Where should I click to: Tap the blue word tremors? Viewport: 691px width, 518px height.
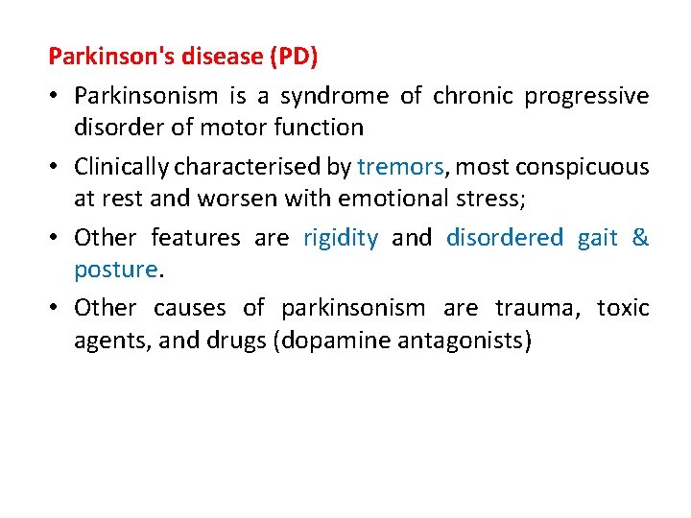pos(400,168)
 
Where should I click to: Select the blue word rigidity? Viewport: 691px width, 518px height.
pos(341,238)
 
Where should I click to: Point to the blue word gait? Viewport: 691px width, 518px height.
pos(597,238)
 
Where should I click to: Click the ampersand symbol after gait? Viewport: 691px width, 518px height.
pos(640,238)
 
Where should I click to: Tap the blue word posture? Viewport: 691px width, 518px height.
pos(115,270)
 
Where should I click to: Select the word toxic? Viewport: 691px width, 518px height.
pos(623,309)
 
